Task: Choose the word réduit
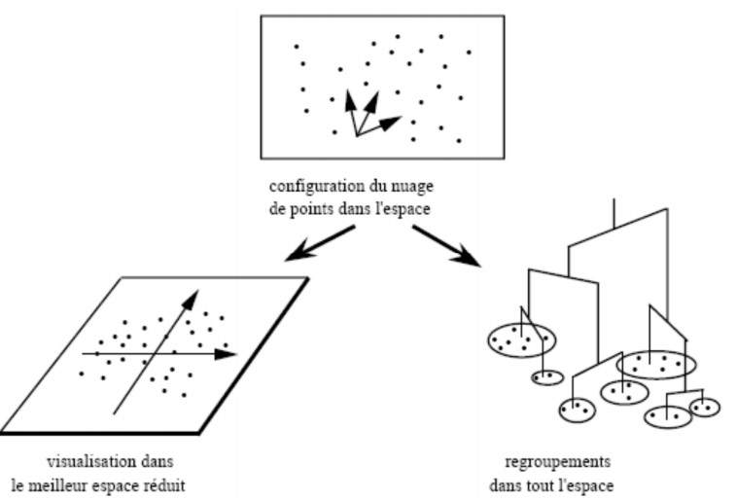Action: pos(186,480)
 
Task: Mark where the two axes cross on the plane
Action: pos(151,352)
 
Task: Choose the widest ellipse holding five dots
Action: pos(656,364)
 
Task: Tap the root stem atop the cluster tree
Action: pos(613,211)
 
